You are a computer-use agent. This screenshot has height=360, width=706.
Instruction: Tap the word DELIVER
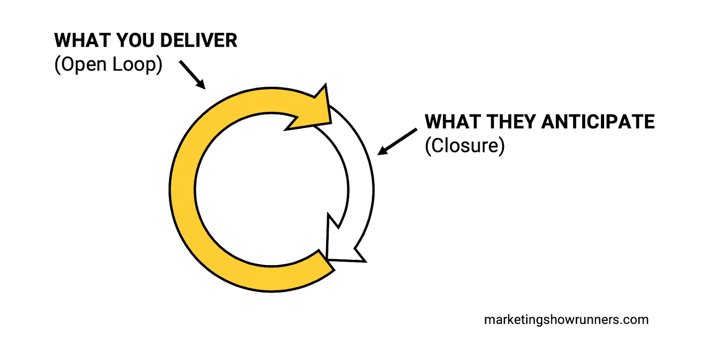pos(199,41)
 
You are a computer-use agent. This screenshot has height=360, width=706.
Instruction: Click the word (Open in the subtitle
pos(81,64)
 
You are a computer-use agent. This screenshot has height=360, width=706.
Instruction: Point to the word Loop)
pos(137,64)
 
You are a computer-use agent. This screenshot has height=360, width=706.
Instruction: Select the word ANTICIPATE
pos(598,122)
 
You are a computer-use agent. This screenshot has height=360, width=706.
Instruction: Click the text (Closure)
pos(465,146)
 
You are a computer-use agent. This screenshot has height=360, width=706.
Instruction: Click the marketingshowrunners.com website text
pos(566,319)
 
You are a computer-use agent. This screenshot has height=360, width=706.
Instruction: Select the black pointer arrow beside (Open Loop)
pos(192,75)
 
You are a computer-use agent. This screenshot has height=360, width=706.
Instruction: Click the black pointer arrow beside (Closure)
pos(397,142)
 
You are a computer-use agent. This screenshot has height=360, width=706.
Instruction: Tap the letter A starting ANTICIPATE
pos(550,122)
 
